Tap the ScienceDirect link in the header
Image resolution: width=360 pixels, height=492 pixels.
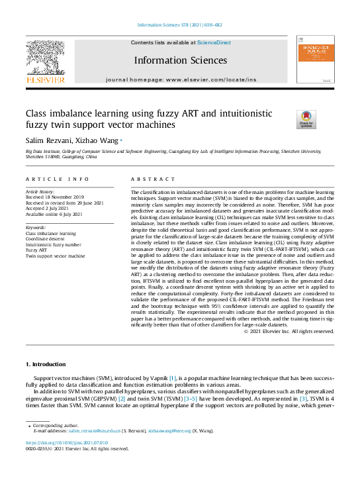point(214,42)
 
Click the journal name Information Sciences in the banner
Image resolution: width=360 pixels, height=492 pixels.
point(180,60)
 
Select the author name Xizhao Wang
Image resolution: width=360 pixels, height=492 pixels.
point(98,140)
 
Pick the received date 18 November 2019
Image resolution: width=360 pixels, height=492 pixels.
point(54,197)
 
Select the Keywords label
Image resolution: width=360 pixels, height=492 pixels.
point(36,227)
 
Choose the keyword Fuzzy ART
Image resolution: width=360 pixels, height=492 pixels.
point(37,250)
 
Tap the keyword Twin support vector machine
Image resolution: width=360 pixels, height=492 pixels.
point(55,256)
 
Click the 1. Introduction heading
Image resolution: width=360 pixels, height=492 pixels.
point(46,365)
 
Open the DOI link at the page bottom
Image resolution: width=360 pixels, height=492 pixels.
point(66,442)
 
